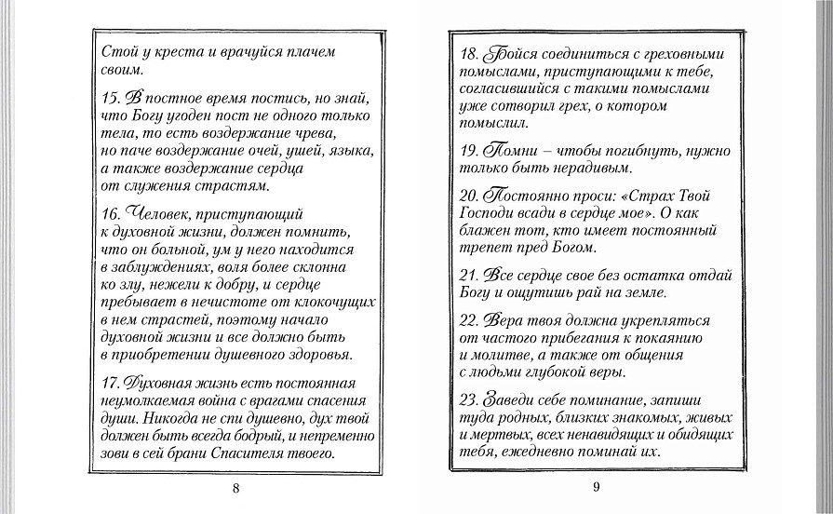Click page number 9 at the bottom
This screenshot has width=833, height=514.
[x=595, y=485]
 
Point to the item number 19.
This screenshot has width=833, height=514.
[x=472, y=151]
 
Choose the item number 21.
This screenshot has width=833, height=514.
[x=472, y=276]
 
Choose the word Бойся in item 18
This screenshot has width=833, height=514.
[x=509, y=51]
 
